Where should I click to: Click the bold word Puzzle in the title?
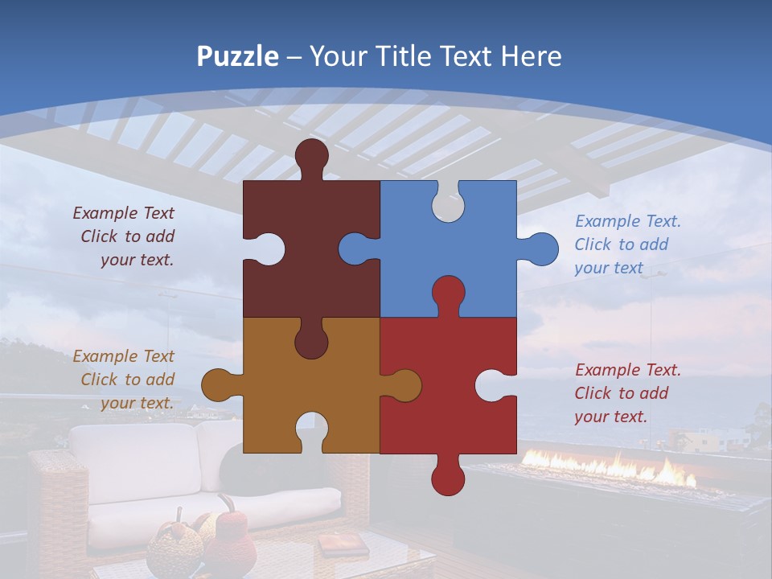click(237, 56)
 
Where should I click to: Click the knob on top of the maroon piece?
click(312, 154)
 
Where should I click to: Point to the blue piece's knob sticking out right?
click(542, 248)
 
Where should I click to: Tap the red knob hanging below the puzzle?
click(448, 478)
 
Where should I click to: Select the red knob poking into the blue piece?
click(448, 292)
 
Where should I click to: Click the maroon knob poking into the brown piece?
click(311, 342)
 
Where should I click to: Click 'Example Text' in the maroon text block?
click(123, 213)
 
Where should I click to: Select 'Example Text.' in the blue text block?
click(627, 221)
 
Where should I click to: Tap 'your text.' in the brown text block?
click(137, 403)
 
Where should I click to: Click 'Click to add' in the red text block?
click(621, 393)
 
